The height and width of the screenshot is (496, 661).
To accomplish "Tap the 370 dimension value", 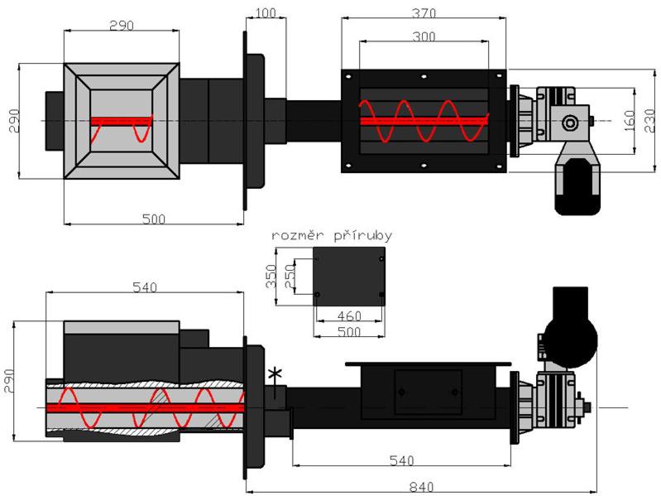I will [x=423, y=14].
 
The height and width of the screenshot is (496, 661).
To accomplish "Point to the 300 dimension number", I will [x=423, y=37].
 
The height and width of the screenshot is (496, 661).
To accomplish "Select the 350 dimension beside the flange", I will [x=270, y=274].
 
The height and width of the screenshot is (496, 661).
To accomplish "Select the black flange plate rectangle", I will [x=350, y=276].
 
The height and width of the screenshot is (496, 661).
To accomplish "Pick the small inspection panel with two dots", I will [x=428, y=391].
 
